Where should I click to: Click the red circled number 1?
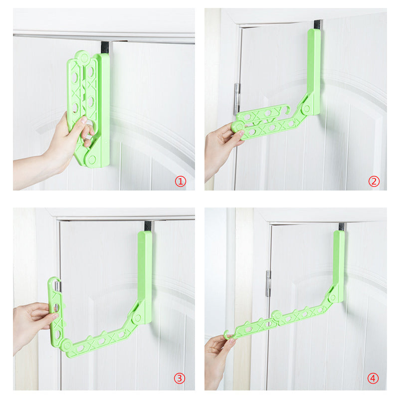181,182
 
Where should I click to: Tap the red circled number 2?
374,181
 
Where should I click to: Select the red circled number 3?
180,378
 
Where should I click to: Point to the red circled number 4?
373,378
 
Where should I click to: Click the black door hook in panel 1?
105,47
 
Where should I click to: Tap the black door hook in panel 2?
318,25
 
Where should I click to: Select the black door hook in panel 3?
148,226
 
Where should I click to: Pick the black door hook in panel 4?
342,227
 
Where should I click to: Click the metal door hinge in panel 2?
237,99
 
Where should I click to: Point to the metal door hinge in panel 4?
268,283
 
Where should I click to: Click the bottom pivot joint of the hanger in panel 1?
92,160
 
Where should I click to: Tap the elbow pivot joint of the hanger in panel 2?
307,109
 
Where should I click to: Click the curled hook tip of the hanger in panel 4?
226,335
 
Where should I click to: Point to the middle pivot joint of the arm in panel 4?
277,316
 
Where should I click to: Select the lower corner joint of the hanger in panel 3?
67,346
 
